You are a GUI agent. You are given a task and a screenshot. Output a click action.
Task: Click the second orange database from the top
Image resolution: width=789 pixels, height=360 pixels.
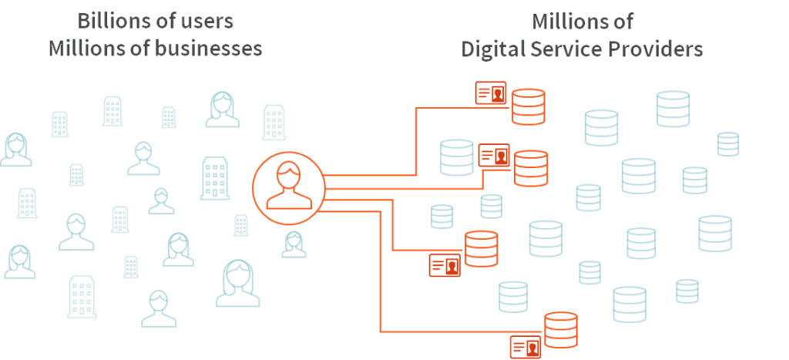pyautogui.click(x=530, y=167)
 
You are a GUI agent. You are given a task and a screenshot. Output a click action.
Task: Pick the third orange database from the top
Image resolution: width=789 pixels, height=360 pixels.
pyautogui.click(x=482, y=248)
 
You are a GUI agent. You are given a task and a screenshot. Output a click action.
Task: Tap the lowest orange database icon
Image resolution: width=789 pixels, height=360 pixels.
pyautogui.click(x=560, y=330)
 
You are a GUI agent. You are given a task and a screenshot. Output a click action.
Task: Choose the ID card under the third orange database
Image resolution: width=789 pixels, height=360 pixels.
pyautogui.click(x=445, y=265)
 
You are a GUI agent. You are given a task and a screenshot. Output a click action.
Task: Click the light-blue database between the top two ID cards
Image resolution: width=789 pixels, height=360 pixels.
pyautogui.click(x=456, y=157)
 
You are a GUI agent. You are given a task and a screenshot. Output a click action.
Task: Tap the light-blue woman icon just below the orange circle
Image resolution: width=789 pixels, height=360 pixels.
pyautogui.click(x=294, y=244)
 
